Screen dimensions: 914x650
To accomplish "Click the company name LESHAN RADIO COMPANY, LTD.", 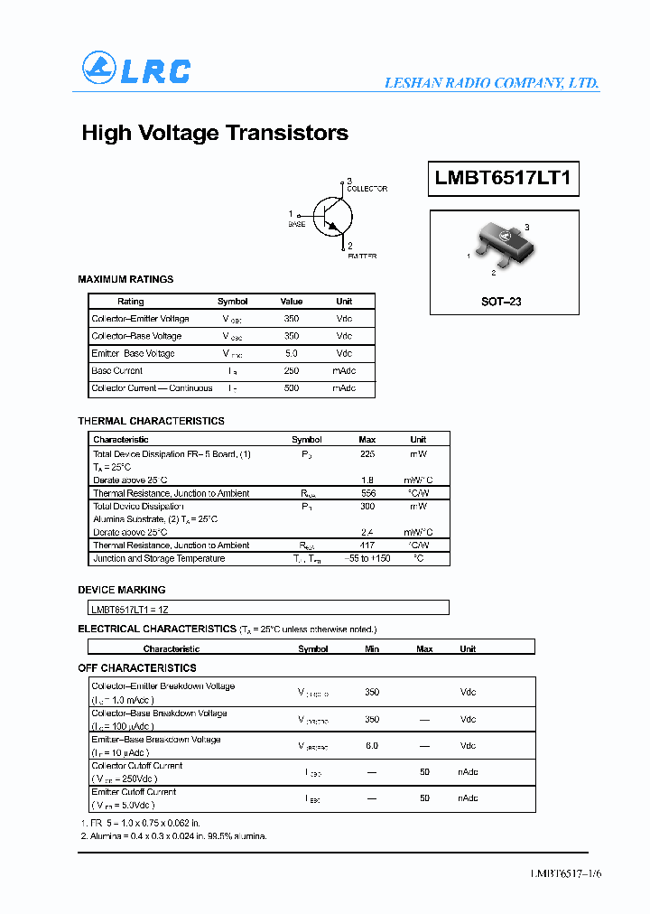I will pyautogui.click(x=491, y=82).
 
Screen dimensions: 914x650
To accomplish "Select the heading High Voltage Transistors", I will pyautogui.click(x=215, y=133).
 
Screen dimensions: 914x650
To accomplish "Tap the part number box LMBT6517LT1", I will pyautogui.click(x=503, y=179).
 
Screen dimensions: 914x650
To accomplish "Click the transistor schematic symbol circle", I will pyautogui.click(x=333, y=215).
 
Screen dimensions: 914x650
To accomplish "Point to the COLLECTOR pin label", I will pyautogui.click(x=367, y=189).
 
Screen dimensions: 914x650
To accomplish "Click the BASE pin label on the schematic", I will pyautogui.click(x=296, y=222).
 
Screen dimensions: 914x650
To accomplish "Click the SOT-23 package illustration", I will pyautogui.click(x=498, y=245).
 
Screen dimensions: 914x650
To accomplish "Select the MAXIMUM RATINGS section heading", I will pyautogui.click(x=125, y=279).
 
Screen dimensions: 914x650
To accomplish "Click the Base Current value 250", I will pyautogui.click(x=292, y=371).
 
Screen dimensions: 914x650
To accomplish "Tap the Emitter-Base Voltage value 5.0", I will pyautogui.click(x=292, y=353).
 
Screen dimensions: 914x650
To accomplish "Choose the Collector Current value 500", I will pyautogui.click(x=292, y=388).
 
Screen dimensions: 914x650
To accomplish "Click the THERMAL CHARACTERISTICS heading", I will pyautogui.click(x=151, y=421).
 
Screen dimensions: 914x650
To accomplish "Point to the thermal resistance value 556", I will pyautogui.click(x=367, y=493).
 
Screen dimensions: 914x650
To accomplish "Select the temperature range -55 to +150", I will pyautogui.click(x=367, y=558).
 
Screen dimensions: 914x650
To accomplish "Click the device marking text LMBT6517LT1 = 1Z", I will pyautogui.click(x=130, y=610).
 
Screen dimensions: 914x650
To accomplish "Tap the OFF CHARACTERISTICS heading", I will pyautogui.click(x=137, y=667).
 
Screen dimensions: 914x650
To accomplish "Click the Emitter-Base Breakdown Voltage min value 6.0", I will pyautogui.click(x=372, y=746).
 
